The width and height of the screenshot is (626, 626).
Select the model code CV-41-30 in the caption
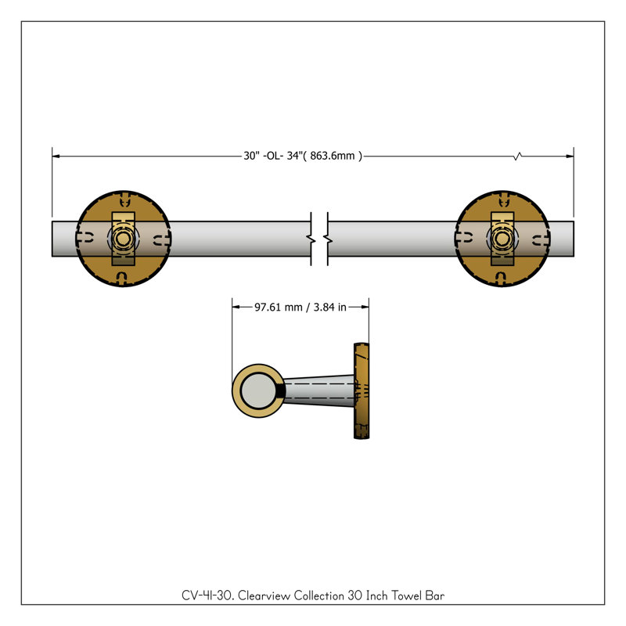pyautogui.click(x=207, y=595)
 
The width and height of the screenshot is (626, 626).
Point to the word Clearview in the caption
pyautogui.click(x=264, y=595)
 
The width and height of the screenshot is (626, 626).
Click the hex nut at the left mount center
pyautogui.click(x=124, y=239)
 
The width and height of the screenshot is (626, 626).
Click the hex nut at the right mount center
pyautogui.click(x=502, y=239)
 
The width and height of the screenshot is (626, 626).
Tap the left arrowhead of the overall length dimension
pyautogui.click(x=56, y=156)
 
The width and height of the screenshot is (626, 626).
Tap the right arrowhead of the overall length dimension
pyautogui.click(x=570, y=156)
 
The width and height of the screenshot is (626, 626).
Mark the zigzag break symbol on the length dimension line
pyautogui.click(x=518, y=156)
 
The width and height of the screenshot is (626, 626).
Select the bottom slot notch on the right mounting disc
pyautogui.click(x=501, y=278)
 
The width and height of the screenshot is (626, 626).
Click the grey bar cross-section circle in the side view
pyautogui.click(x=258, y=390)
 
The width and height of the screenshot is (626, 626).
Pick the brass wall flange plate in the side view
pyautogui.click(x=362, y=390)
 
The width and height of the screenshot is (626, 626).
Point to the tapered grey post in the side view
pyautogui.click(x=319, y=390)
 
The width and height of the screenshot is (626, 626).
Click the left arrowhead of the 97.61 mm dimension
pyautogui.click(x=236, y=307)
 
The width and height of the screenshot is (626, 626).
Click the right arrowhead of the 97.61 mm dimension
pyautogui.click(x=365, y=307)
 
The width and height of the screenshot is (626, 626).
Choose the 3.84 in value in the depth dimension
pyautogui.click(x=329, y=307)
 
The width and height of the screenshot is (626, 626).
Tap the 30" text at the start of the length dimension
pyautogui.click(x=251, y=156)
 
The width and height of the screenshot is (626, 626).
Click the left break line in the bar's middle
pyautogui.click(x=311, y=239)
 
